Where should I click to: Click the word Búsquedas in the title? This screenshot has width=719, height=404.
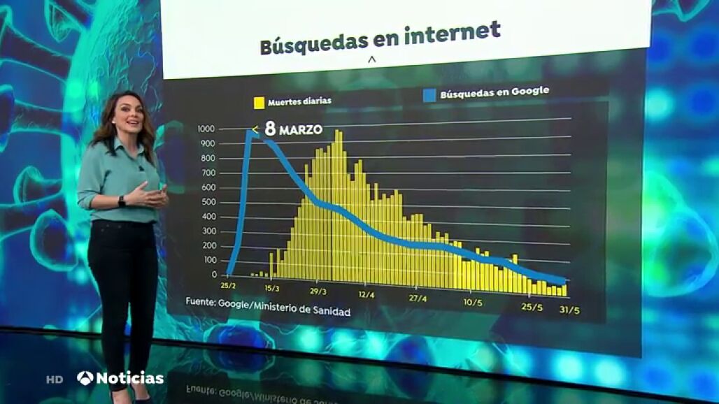313,43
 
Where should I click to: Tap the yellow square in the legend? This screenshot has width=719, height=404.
259,102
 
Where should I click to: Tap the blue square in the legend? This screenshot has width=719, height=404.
429,95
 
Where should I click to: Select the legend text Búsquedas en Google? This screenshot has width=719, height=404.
494,92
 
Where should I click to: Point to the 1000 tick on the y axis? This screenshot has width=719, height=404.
206,129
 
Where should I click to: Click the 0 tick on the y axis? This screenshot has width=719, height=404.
213,275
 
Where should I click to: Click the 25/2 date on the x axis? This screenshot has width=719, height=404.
227,286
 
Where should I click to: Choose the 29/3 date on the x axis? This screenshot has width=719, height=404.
318,291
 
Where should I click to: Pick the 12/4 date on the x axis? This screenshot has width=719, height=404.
366,295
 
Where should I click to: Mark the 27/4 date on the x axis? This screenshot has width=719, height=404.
418,298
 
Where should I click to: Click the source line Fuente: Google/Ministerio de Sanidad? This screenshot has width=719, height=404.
268,308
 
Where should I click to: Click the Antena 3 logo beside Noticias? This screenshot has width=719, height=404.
85,378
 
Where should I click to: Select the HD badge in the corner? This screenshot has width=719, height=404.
55,380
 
